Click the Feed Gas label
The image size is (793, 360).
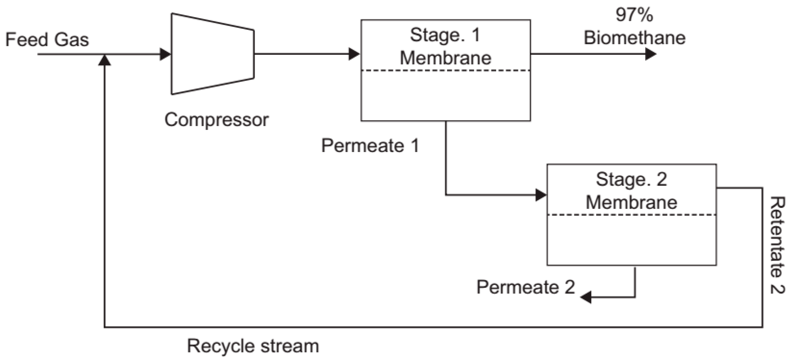(x=47, y=40)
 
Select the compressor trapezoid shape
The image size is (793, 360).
(x=212, y=54)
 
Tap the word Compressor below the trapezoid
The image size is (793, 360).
(x=217, y=120)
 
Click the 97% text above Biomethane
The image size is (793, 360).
(x=634, y=15)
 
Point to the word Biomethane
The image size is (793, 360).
(x=634, y=38)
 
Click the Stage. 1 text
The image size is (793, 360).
(x=445, y=35)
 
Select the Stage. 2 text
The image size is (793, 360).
(x=631, y=179)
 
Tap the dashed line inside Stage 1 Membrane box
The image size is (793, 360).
(x=446, y=71)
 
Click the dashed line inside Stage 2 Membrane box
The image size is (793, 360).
(x=631, y=215)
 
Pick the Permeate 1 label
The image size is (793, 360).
(x=370, y=146)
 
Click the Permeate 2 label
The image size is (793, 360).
(x=526, y=287)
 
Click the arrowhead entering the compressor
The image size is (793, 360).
(x=165, y=54)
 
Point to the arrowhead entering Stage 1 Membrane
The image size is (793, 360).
(x=354, y=54)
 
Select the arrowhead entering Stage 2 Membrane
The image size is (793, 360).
(x=541, y=195)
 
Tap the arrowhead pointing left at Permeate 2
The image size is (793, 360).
(x=586, y=297)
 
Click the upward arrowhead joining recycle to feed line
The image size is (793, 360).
(x=104, y=60)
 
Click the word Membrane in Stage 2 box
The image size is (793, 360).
(x=631, y=202)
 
